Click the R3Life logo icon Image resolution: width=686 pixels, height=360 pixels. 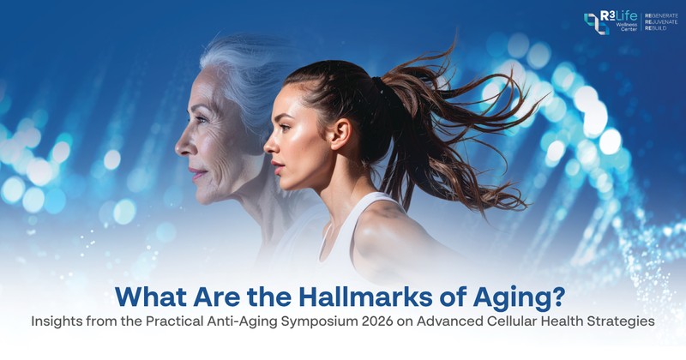tap(596, 24)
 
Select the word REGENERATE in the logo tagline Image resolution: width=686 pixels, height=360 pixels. tap(661, 15)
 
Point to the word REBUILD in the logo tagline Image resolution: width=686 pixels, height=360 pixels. tap(656, 28)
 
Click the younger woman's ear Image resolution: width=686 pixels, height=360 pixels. tap(340, 134)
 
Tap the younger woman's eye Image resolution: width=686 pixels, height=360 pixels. tap(285, 128)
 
